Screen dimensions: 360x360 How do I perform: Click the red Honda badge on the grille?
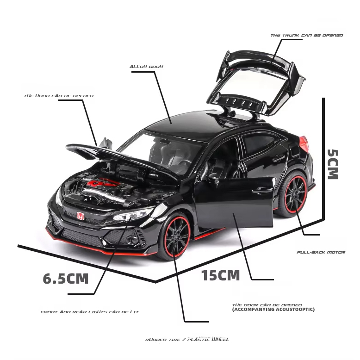(80, 216)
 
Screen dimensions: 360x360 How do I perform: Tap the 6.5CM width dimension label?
(65, 279)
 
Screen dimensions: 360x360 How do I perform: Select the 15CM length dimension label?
(220, 276)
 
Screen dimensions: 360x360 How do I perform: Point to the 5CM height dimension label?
(333, 164)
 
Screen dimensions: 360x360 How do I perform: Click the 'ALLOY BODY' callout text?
(146, 67)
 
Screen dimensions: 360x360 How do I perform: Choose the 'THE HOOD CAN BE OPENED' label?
(59, 96)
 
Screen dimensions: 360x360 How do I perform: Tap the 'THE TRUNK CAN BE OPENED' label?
(306, 36)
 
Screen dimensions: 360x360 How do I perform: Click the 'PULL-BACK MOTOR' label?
(321, 252)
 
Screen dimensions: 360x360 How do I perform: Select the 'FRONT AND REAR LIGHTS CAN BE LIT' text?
(89, 312)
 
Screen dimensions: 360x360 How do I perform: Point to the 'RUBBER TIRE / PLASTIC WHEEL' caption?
(187, 340)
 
